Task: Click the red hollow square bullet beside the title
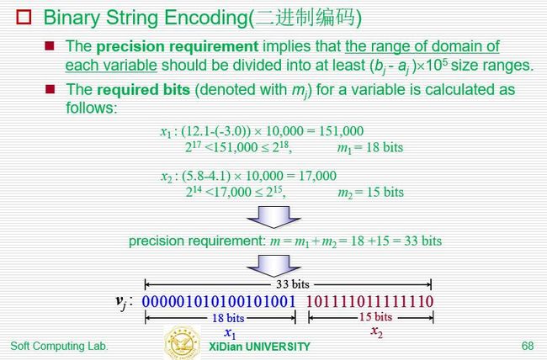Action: pos(24,17)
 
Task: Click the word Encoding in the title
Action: pos(206,18)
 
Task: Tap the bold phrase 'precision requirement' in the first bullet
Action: pos(178,46)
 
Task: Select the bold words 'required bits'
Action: pos(143,90)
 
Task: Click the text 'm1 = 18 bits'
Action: pos(369,147)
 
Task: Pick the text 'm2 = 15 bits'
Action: pos(370,193)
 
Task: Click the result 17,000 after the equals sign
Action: pos(317,176)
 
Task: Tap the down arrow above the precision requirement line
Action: pos(273,217)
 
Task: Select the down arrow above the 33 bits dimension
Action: pos(273,266)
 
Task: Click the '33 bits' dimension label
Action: pos(293,284)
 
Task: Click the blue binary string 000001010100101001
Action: pos(219,301)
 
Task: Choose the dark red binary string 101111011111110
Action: pos(370,301)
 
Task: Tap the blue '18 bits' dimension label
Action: pos(228,318)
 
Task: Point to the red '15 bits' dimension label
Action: pos(375,317)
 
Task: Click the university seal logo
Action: pos(183,342)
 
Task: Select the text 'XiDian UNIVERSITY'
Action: pos(259,347)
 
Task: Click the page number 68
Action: pos(528,346)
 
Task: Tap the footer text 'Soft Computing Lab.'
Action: pos(59,346)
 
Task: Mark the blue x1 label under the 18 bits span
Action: pos(231,333)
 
